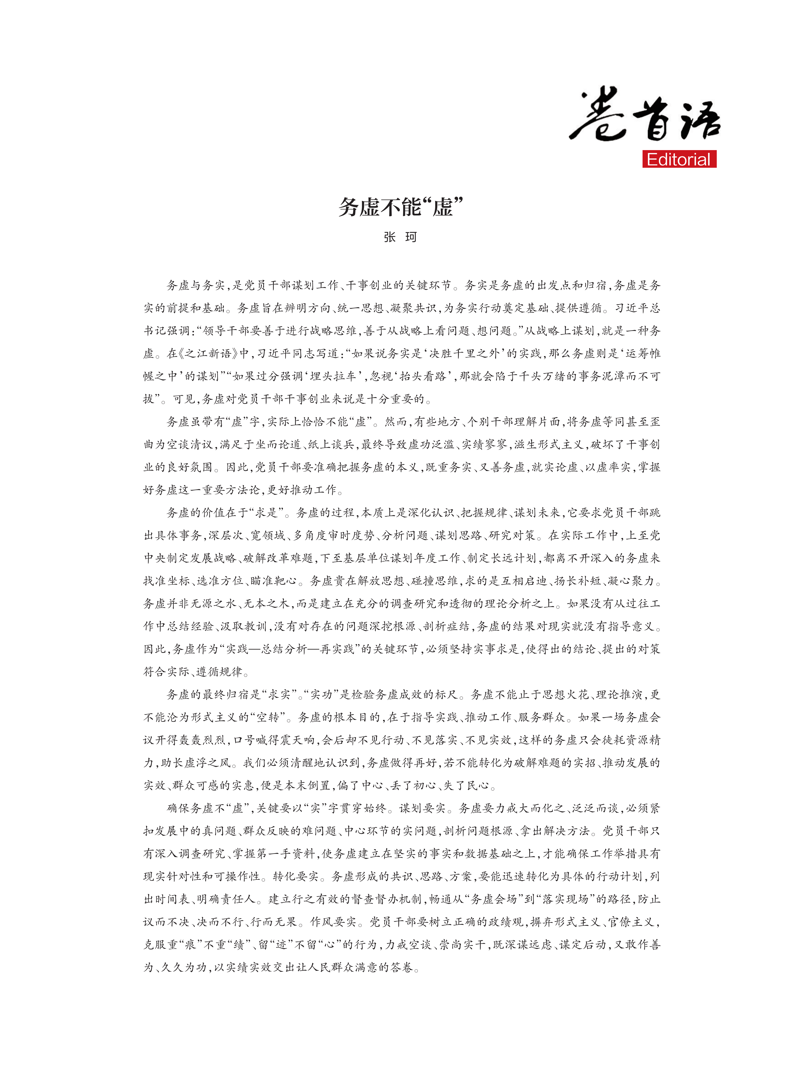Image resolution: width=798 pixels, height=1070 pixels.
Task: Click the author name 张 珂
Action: coord(400,237)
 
